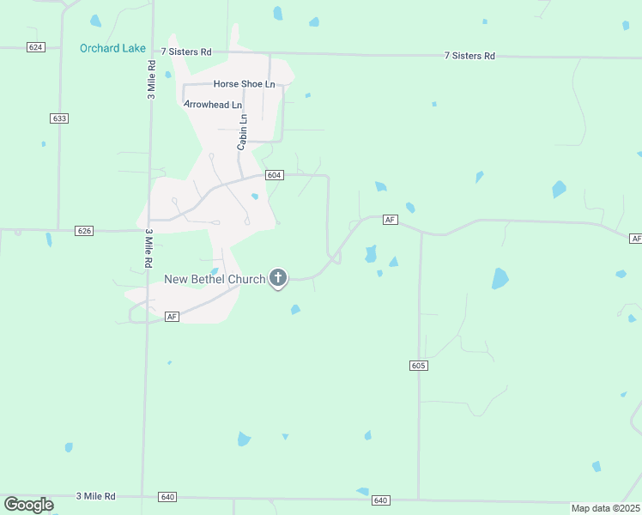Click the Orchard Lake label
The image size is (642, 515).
click(x=112, y=48)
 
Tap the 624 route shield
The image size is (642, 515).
click(x=35, y=47)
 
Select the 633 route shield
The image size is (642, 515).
click(x=59, y=118)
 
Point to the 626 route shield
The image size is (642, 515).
click(x=84, y=231)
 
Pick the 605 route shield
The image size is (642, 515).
click(x=418, y=366)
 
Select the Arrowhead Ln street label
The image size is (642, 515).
click(x=214, y=104)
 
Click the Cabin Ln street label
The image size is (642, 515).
click(x=243, y=132)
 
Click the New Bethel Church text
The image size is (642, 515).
click(x=215, y=279)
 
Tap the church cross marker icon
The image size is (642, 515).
click(x=277, y=278)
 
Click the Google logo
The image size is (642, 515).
click(x=28, y=505)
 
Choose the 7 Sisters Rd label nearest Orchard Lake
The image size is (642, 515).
click(x=186, y=52)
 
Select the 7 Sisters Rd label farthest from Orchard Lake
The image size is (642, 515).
click(x=469, y=56)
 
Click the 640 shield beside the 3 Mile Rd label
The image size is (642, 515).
click(x=167, y=497)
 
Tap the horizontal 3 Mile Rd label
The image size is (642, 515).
click(x=95, y=496)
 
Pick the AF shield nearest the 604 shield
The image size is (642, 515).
click(x=391, y=220)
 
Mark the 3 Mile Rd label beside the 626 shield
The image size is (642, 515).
click(x=148, y=248)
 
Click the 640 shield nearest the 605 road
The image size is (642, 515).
click(x=381, y=500)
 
